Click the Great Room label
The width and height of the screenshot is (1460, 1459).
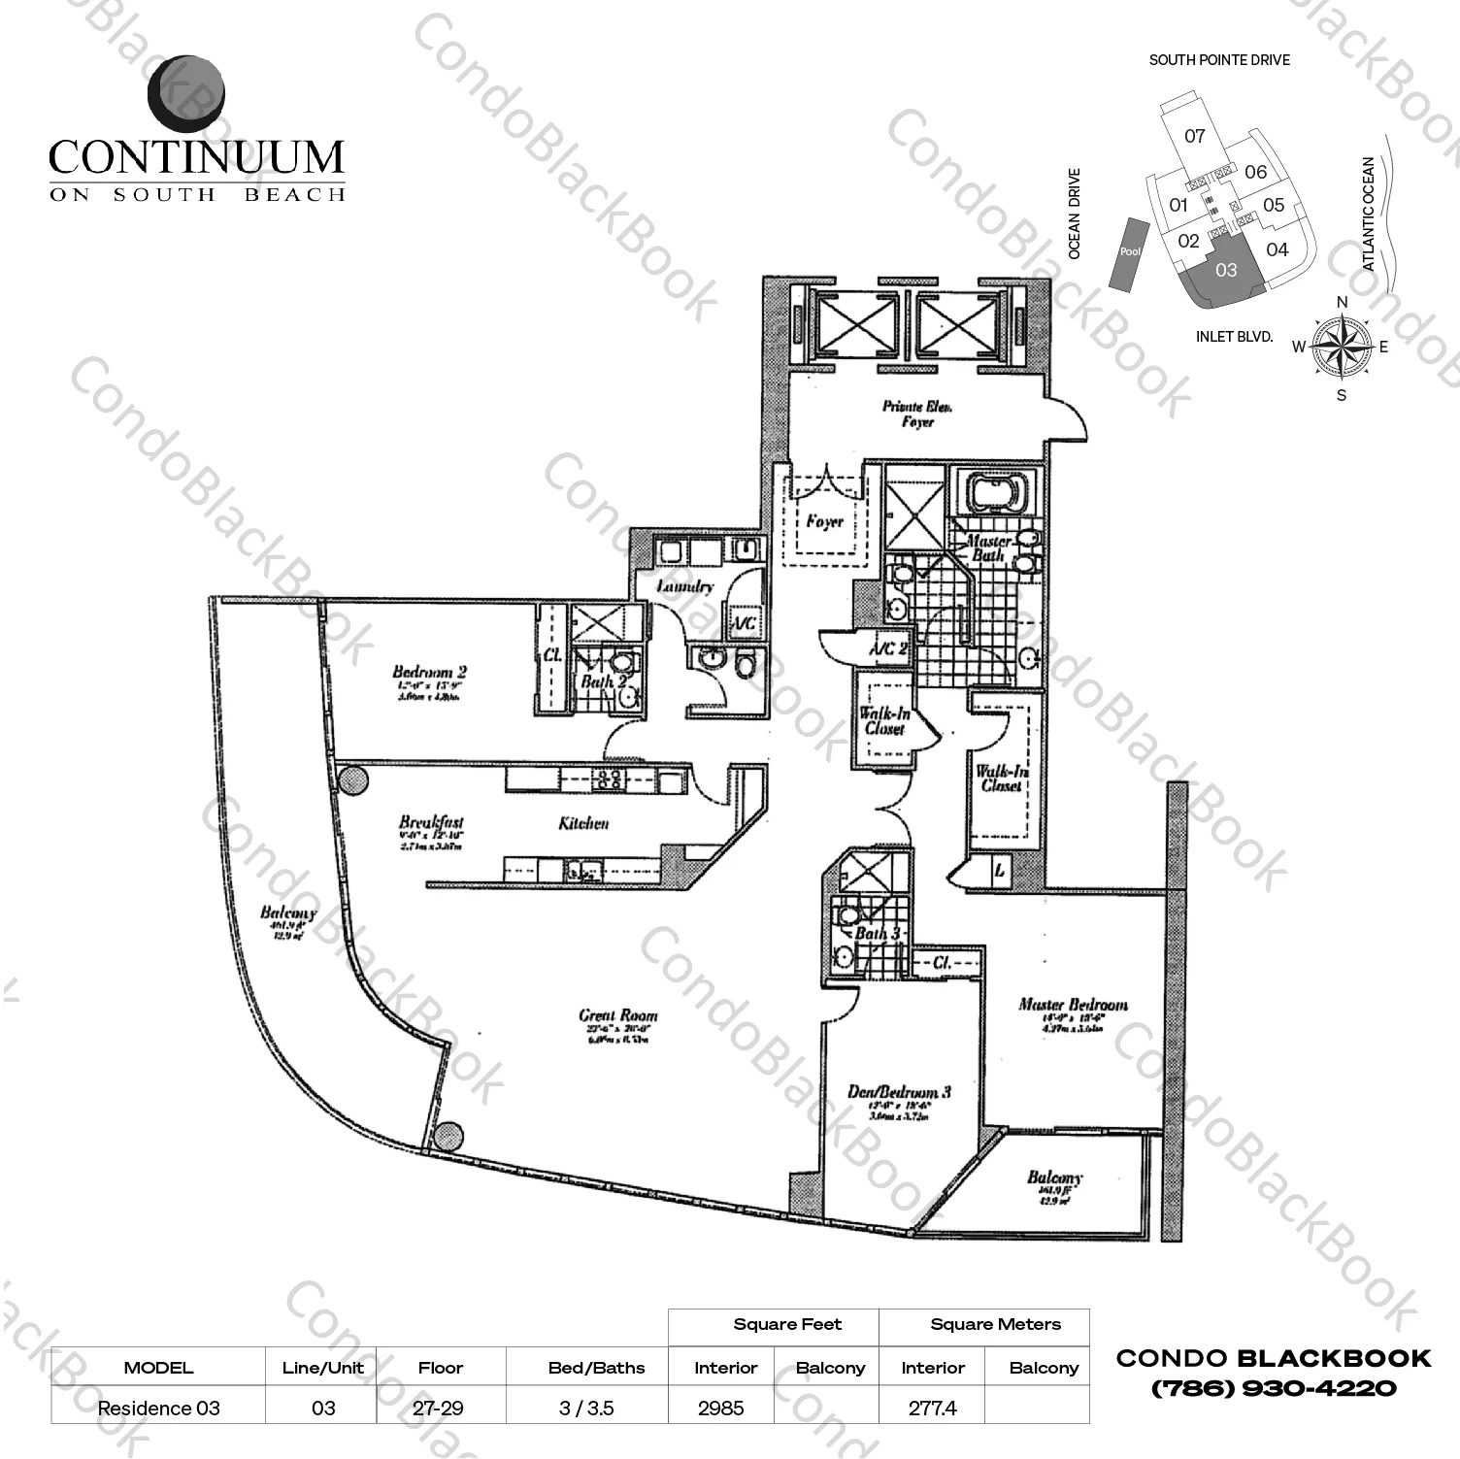(617, 1016)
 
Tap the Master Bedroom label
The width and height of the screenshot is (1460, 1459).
(1073, 1005)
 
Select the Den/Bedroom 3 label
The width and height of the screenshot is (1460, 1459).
(898, 1092)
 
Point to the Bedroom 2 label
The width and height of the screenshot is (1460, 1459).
(429, 672)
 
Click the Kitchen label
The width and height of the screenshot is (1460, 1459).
(583, 823)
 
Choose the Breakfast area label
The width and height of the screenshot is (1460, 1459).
(431, 822)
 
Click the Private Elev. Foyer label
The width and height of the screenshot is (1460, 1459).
(916, 414)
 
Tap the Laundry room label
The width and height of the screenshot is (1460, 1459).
(684, 586)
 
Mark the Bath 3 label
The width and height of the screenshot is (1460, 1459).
(878, 933)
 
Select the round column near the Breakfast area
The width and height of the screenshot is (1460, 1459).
(350, 779)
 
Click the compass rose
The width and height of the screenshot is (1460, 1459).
(1342, 348)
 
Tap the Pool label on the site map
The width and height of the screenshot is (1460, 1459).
(1130, 251)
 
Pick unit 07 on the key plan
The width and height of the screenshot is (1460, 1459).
(1195, 137)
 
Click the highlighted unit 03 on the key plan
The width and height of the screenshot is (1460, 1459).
(1226, 271)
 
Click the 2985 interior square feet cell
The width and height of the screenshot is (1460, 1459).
(720, 1408)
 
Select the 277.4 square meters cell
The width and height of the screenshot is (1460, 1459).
(932, 1408)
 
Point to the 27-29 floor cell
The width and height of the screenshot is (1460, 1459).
(440, 1408)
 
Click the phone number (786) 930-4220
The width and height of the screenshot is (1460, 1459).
(1273, 1388)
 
